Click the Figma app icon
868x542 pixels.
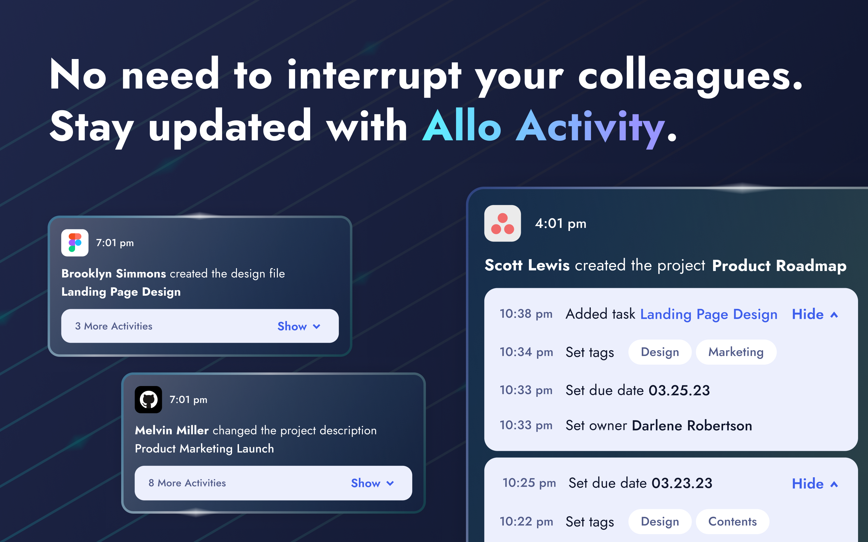(x=75, y=243)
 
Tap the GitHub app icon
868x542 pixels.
(x=148, y=399)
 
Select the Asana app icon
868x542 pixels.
(x=502, y=223)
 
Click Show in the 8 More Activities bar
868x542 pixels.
(x=372, y=483)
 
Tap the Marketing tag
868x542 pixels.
(x=736, y=352)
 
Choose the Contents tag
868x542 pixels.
(x=732, y=522)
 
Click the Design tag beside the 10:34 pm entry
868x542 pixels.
(x=660, y=352)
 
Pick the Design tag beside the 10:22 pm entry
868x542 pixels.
(x=660, y=522)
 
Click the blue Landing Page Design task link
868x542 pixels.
(x=708, y=314)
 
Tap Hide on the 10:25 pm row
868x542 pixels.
(x=814, y=484)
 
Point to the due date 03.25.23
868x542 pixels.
(x=679, y=390)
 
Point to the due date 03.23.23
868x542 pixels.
(x=681, y=483)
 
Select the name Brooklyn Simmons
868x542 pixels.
(x=113, y=273)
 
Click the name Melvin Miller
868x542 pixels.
(x=171, y=430)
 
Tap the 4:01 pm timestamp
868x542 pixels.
(x=560, y=224)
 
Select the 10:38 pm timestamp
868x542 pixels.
(x=526, y=314)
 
